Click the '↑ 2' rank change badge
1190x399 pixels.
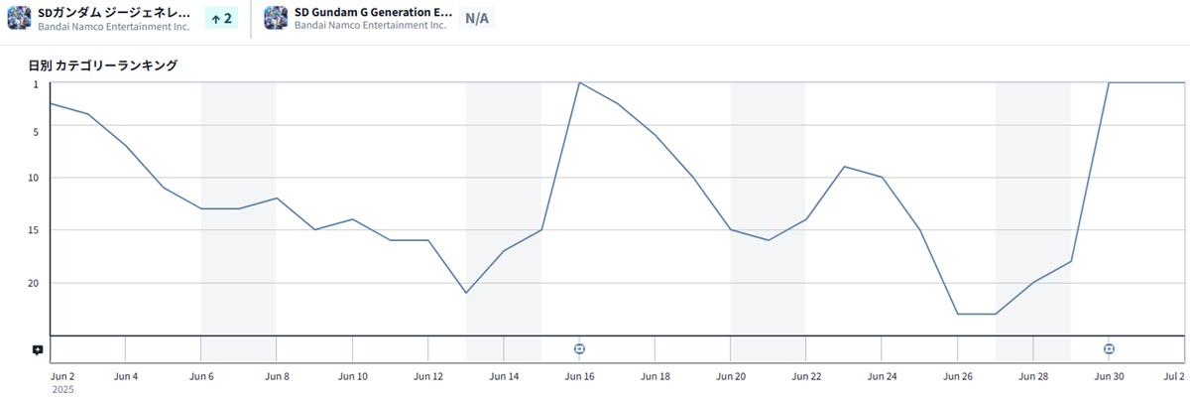[220, 18]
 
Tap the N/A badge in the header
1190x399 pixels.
[477, 18]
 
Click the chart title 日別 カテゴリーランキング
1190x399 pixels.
[103, 66]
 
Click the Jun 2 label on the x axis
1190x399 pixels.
[61, 377]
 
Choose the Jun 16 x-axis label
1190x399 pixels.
[579, 377]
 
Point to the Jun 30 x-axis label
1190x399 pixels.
[1109, 377]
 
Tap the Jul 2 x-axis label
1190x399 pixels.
[1174, 377]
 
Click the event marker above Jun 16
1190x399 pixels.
[579, 348]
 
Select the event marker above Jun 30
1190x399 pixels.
[1109, 348]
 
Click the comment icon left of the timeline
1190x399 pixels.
[37, 349]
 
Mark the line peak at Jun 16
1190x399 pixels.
[579, 82]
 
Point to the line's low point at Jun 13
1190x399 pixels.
[466, 293]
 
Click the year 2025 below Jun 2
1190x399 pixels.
[61, 390]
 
